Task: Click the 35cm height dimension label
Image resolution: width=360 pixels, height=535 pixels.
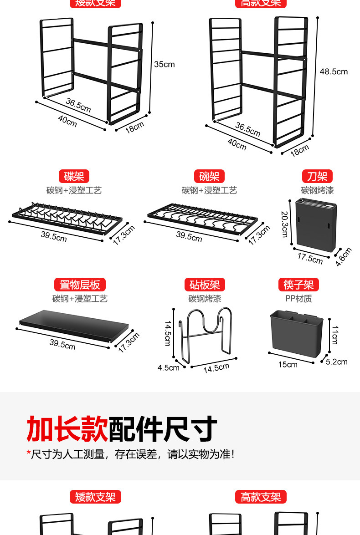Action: (164, 64)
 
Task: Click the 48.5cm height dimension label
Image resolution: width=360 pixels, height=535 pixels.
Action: (334, 71)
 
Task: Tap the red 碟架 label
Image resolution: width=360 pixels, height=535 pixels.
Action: (74, 176)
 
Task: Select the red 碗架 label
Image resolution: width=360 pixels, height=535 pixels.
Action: (209, 176)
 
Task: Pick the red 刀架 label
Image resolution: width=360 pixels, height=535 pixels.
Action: (317, 176)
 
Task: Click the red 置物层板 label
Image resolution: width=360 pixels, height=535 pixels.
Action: (80, 285)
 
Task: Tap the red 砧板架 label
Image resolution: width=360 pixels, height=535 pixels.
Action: (205, 285)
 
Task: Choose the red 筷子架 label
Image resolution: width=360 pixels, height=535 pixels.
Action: (298, 285)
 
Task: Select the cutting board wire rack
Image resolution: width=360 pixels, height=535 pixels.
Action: (205, 335)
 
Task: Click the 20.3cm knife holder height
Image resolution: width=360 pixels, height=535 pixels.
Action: (284, 224)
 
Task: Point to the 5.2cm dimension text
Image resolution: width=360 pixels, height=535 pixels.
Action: (337, 362)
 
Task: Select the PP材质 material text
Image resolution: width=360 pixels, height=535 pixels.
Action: (298, 299)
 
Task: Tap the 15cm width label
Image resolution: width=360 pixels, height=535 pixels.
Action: (288, 364)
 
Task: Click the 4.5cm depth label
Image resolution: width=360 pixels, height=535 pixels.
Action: (169, 367)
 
